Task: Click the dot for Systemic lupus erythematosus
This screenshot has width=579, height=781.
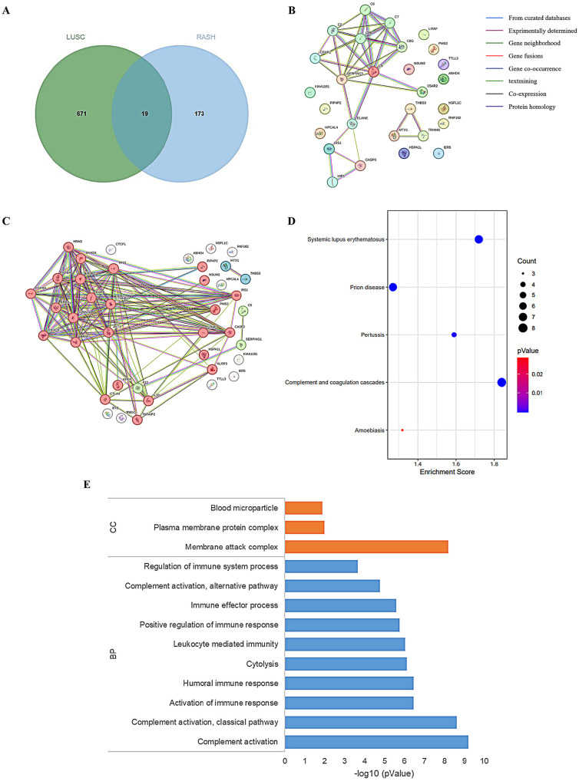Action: point(478,239)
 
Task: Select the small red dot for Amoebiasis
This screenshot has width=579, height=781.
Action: point(402,430)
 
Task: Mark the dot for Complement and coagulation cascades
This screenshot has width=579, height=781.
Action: point(501,383)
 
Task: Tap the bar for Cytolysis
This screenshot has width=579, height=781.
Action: point(346,663)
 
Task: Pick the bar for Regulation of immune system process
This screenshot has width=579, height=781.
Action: point(321,566)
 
